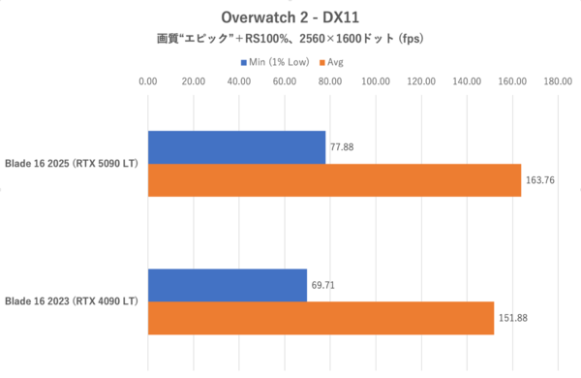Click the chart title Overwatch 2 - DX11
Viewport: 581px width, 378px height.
[290, 16]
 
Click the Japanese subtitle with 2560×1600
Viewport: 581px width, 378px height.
[290, 40]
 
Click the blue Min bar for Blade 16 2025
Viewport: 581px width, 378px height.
[236, 147]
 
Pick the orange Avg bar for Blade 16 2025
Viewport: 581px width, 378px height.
[334, 180]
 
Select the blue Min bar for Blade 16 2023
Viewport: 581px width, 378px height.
[227, 285]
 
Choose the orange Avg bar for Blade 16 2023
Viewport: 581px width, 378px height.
[321, 318]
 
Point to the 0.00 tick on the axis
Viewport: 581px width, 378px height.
[147, 83]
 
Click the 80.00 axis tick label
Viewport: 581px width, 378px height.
[329, 83]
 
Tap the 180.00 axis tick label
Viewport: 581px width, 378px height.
[557, 83]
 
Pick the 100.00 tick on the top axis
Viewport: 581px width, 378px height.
[375, 83]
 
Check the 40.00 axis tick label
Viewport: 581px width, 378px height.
[238, 83]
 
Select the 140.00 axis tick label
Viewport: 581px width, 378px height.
[466, 83]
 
